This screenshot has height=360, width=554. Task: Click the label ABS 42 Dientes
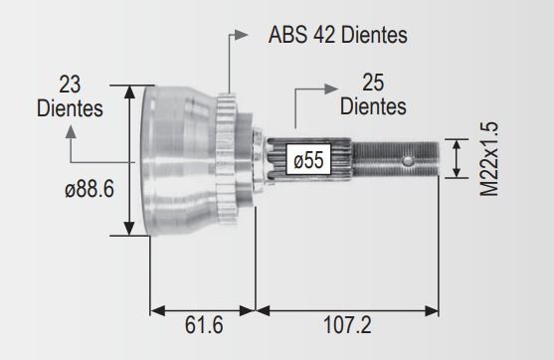tap(338, 35)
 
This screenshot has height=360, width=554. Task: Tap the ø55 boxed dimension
tap(308, 159)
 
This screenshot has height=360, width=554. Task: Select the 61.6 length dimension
tap(204, 325)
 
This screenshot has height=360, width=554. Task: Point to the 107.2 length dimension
tap(347, 325)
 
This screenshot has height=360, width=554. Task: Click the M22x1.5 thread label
tap(489, 159)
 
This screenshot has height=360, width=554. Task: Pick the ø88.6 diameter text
tap(90, 189)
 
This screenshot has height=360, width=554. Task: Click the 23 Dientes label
tap(70, 96)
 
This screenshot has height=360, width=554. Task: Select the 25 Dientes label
tap(373, 94)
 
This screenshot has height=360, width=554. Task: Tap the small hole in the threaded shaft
tap(408, 161)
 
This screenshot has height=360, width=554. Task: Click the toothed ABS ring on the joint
tap(226, 158)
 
